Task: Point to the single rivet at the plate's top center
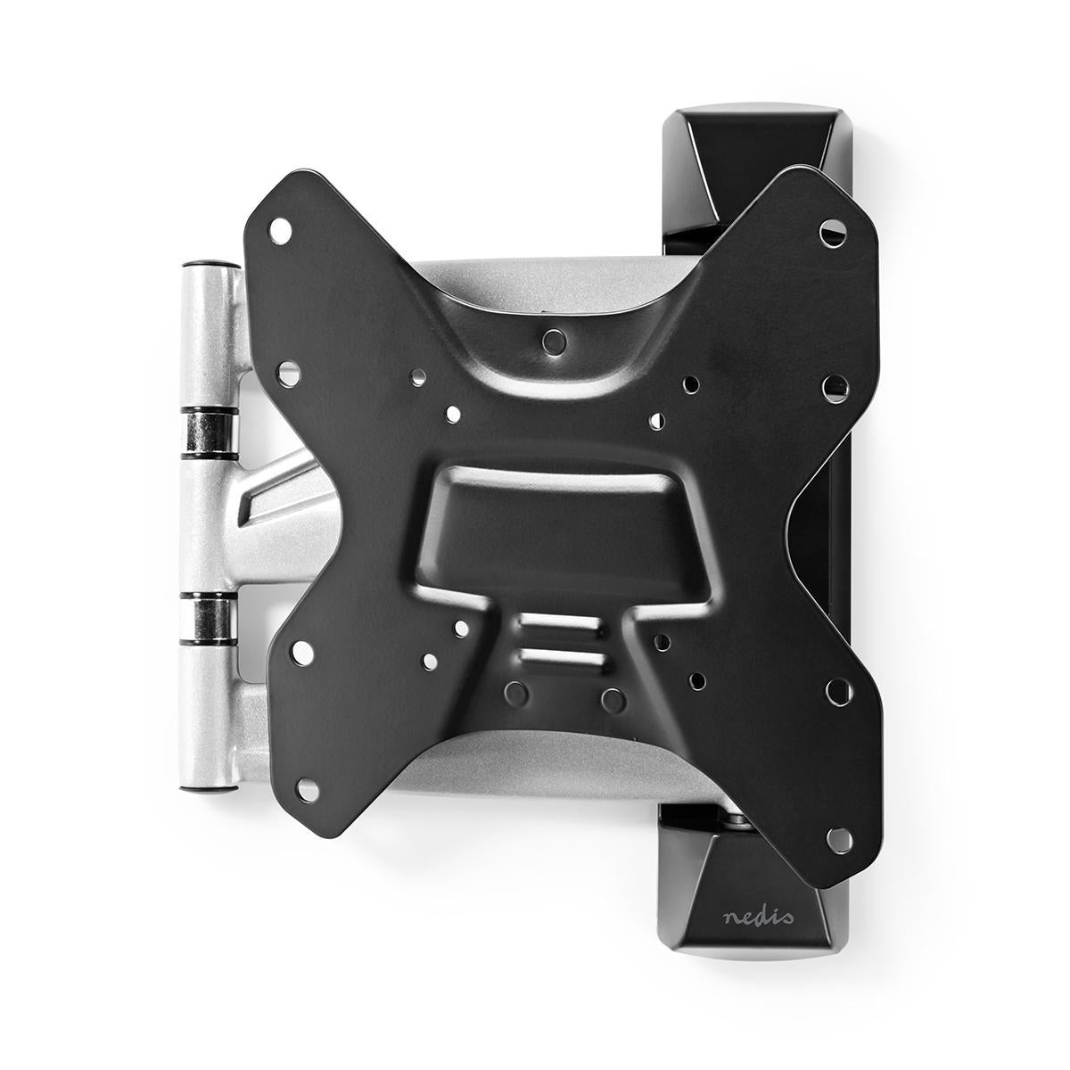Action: coord(554,339)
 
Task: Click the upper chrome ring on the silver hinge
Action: coord(210,431)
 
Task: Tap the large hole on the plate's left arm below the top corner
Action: coord(290,371)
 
